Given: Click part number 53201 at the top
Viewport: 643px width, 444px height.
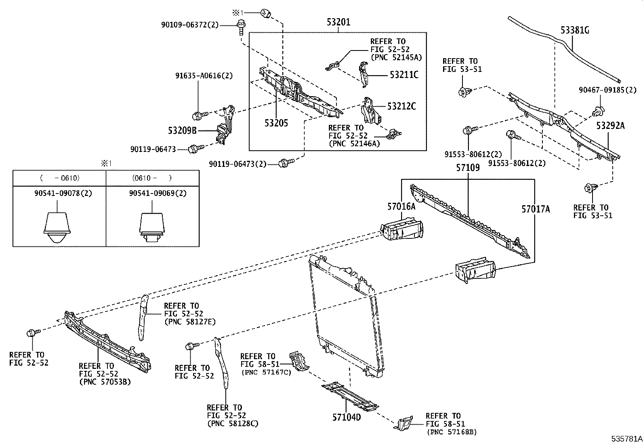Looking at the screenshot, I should pos(338,22).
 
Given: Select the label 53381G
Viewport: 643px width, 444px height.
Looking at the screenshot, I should pos(575,30).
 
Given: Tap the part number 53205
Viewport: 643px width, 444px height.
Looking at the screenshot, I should pos(276,123).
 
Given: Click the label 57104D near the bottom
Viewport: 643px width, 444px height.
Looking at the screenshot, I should pos(346,417).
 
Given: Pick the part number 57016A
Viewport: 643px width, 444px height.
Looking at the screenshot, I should pos(401,207).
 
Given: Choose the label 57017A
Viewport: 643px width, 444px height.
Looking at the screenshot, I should pos(536,209).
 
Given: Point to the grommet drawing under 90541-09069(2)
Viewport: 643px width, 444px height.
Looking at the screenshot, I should pos(152,228).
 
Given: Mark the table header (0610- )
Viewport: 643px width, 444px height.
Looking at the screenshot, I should pos(152,178).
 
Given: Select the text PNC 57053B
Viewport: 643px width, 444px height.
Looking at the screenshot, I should pos(105,382).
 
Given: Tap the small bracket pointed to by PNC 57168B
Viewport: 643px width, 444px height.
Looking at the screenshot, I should pos(403,424).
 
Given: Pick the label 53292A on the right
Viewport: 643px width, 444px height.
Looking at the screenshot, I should pos(610,126).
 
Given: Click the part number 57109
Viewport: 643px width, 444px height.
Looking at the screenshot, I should pos(468,167).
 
